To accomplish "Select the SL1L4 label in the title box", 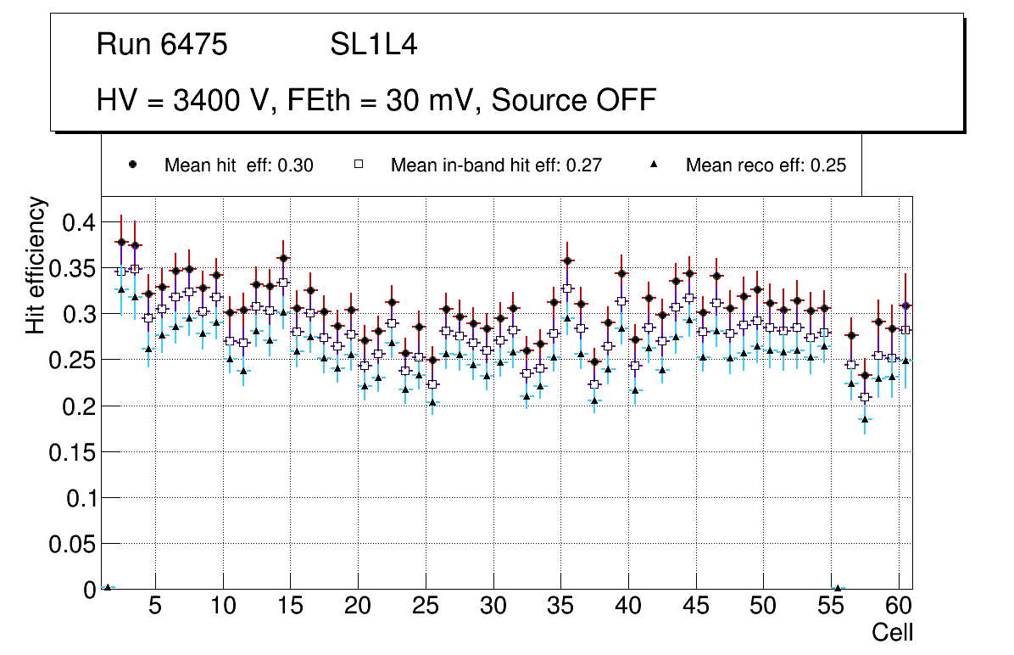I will coord(373,45).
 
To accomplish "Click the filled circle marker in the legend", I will coord(132,165).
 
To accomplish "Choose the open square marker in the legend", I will coord(359,165).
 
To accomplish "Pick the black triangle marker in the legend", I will coord(655,165).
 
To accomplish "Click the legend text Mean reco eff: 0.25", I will coord(765,165).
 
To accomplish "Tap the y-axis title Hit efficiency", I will coord(36,265).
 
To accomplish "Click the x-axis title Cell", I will coord(893,632).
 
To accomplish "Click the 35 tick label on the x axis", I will coord(560,607).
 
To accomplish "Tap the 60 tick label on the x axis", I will coord(899,607).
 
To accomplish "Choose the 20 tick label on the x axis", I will coord(358,607).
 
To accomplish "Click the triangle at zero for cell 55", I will coord(838,588).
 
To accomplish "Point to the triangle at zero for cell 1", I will coord(108,587).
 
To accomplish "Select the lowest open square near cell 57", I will coord(865,397).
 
